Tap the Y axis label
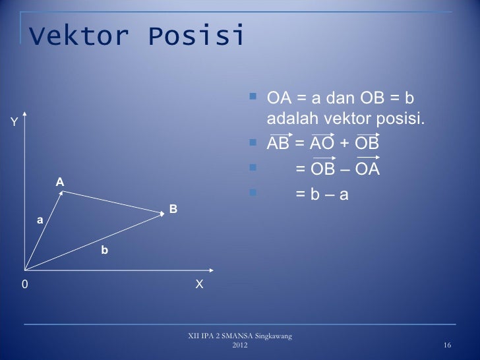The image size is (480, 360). pos(13,121)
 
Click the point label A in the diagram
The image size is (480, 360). pos(59,181)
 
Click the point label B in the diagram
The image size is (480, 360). pos(173,209)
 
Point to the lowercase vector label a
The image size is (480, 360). pos(40,221)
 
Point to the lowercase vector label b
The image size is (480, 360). pos(104,250)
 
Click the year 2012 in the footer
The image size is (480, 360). pos(241,345)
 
